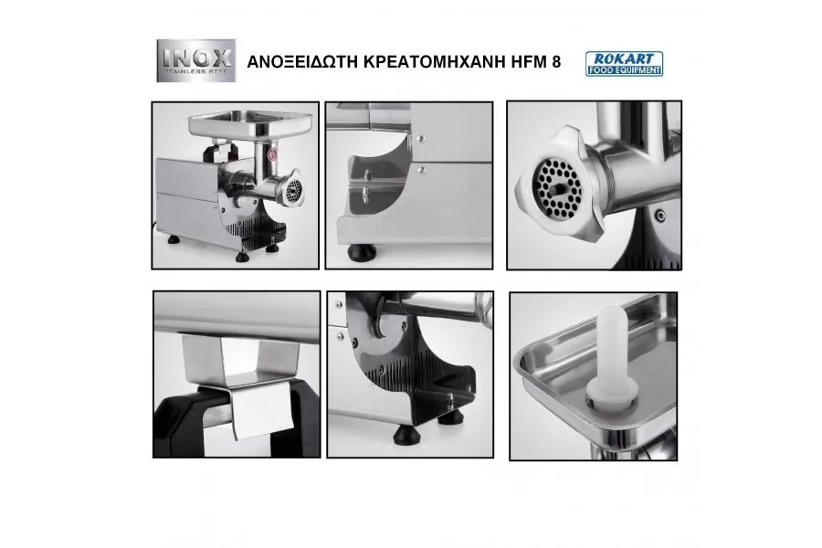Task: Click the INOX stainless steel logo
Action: point(196,60)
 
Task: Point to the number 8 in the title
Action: point(556,62)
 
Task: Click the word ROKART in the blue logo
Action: point(624,58)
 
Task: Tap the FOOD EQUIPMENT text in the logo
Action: point(624,70)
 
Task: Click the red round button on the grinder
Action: point(272,153)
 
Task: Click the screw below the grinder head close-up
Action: point(660,215)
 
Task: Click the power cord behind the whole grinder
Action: point(154,226)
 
